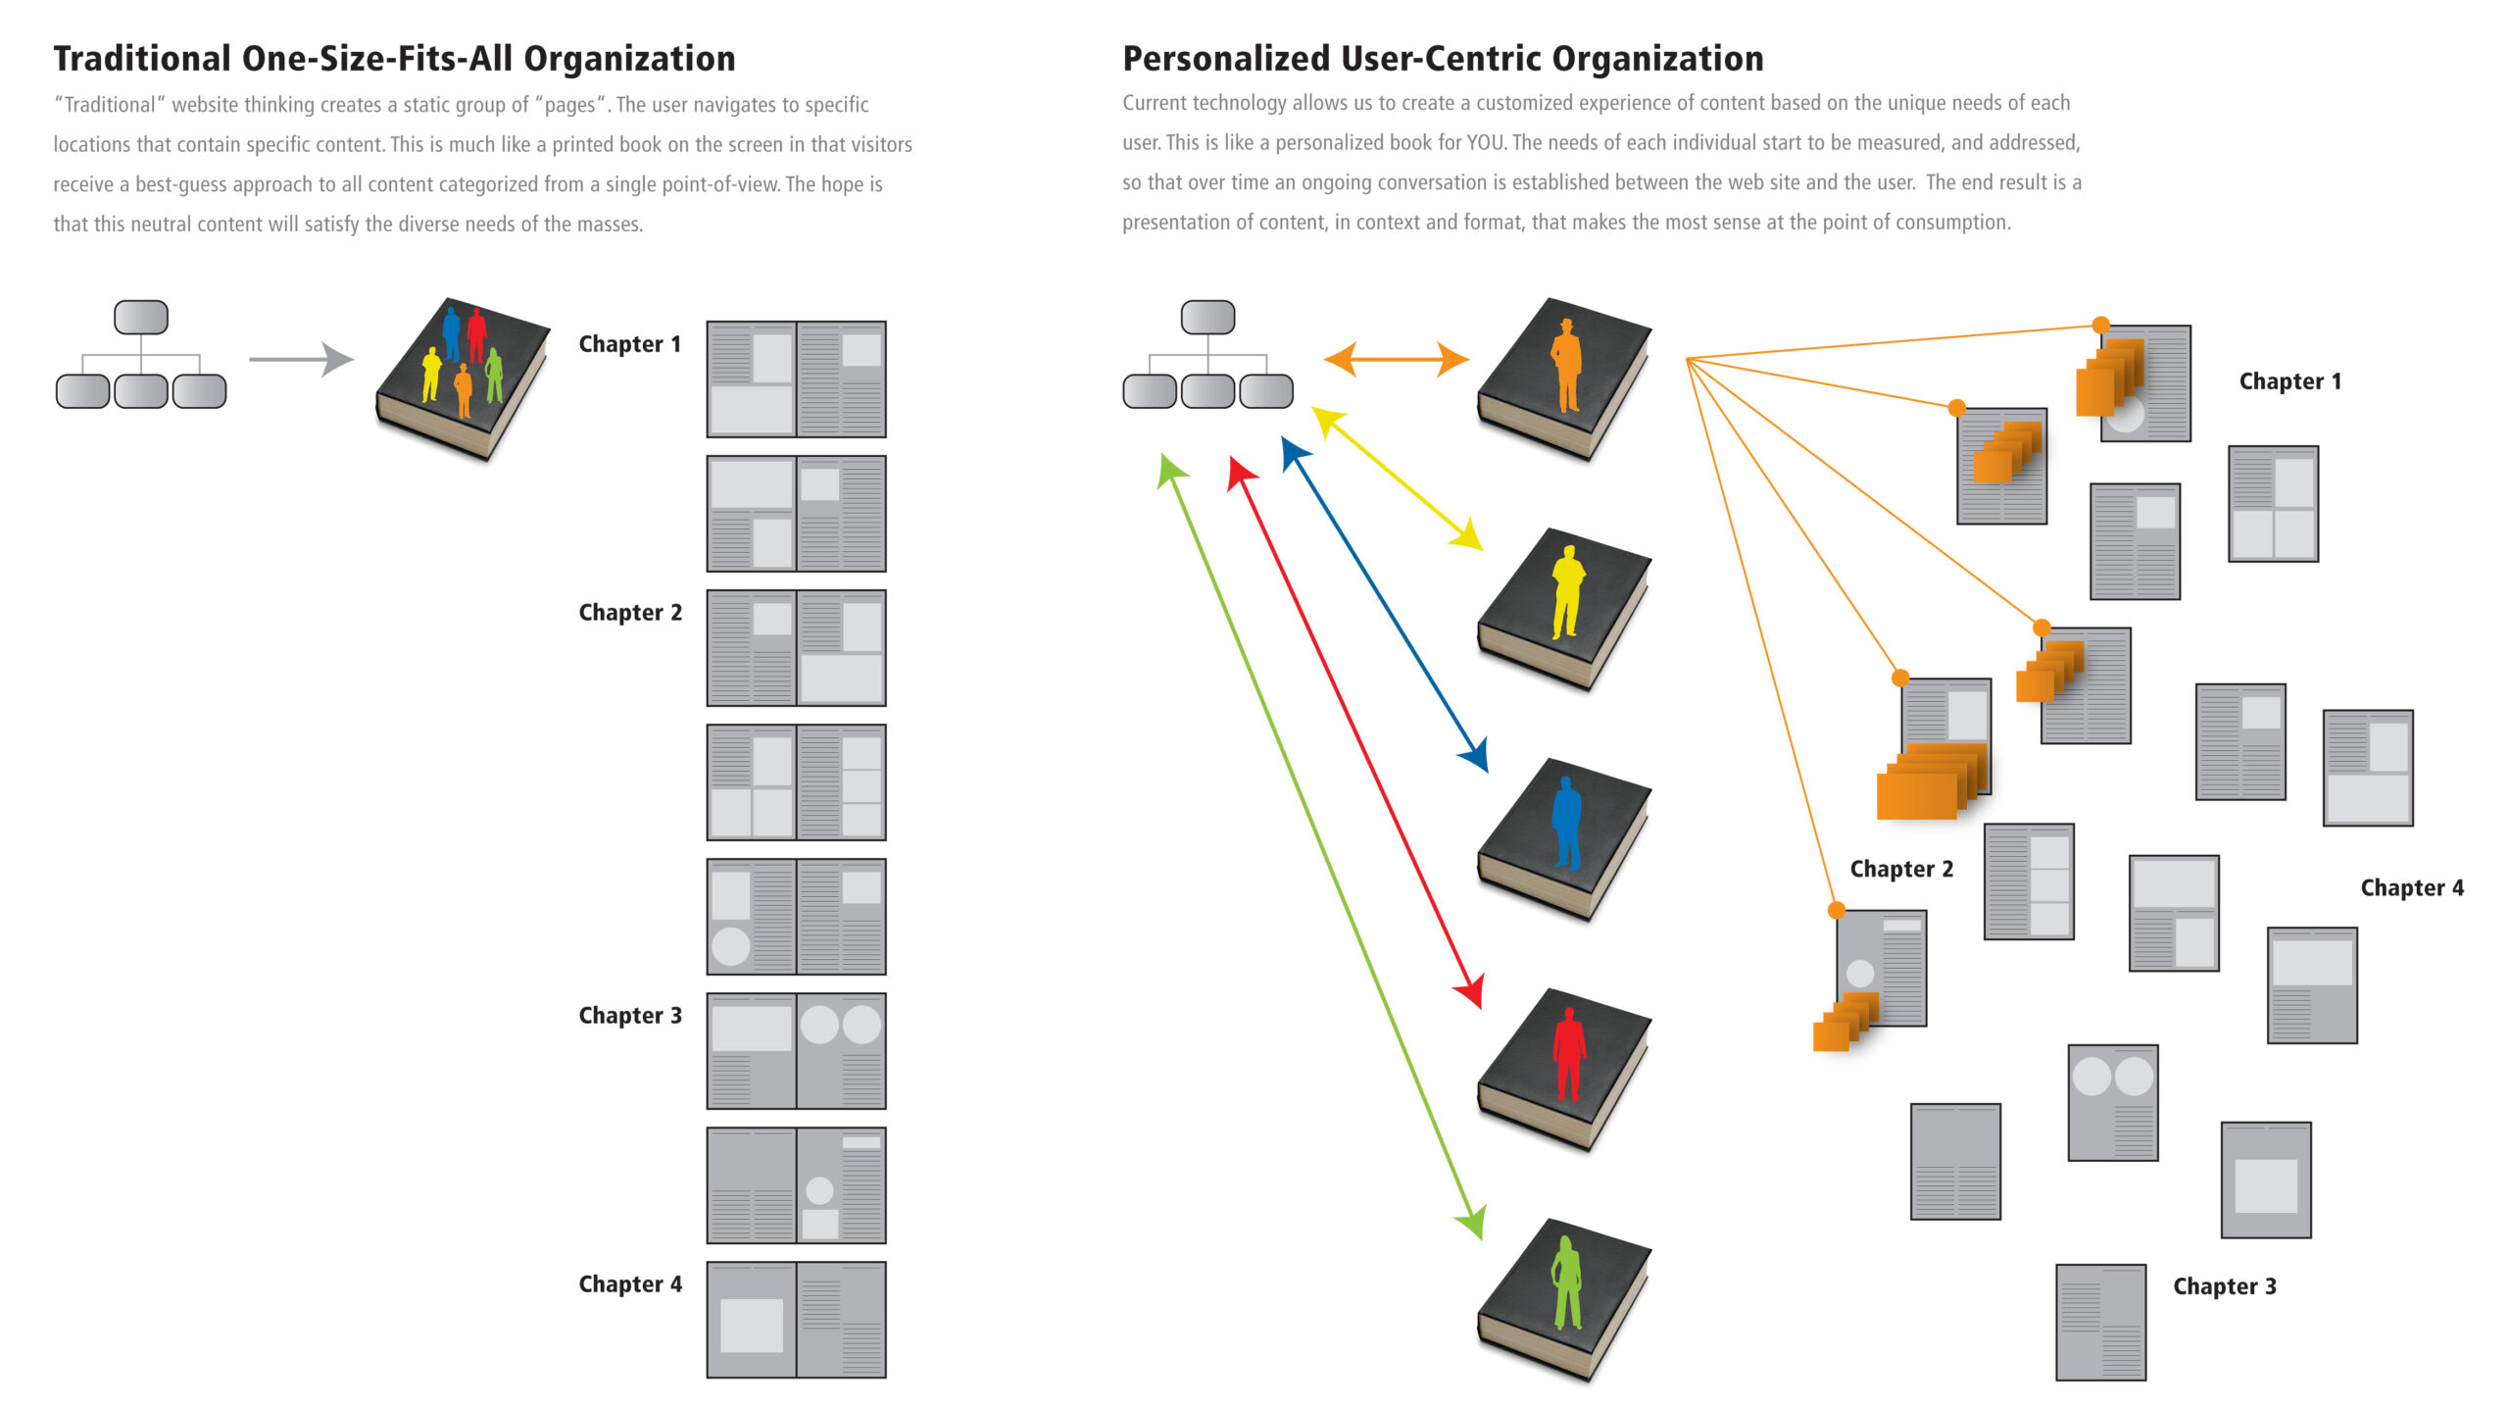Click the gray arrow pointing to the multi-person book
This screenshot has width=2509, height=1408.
coord(301,359)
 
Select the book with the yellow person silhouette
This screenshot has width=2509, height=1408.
coord(1564,609)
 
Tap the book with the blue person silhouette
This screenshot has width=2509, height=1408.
coord(1564,839)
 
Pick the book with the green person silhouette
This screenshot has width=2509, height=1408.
coord(1564,1300)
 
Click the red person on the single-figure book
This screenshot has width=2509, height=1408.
coord(1569,1054)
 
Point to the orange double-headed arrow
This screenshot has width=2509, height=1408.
coord(1396,359)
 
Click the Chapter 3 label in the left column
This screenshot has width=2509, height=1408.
coord(630,1016)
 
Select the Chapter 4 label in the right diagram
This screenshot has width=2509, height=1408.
coord(2412,888)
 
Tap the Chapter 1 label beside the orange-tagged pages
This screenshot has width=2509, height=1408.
coord(2290,381)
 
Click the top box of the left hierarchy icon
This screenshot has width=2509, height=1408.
coord(141,317)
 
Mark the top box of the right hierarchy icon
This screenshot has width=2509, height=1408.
coord(1207,317)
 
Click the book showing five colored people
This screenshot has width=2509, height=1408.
coord(463,378)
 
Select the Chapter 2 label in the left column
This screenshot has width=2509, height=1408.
coord(630,613)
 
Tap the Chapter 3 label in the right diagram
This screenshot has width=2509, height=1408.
coord(2225,1286)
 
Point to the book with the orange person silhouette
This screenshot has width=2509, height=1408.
coord(1564,378)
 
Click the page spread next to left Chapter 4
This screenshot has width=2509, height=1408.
coord(796,1320)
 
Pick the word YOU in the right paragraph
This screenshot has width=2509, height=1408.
coord(1486,143)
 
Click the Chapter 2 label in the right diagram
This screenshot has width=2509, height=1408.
coord(1901,870)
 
